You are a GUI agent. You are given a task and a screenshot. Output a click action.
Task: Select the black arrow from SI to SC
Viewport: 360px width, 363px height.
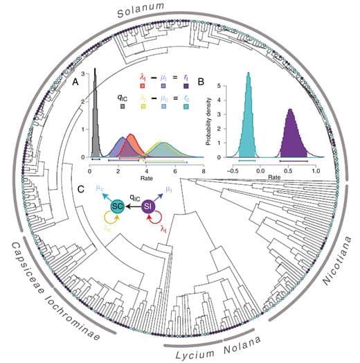(x=134, y=206)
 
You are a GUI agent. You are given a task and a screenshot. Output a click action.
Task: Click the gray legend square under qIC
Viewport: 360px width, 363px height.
(x=122, y=106)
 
